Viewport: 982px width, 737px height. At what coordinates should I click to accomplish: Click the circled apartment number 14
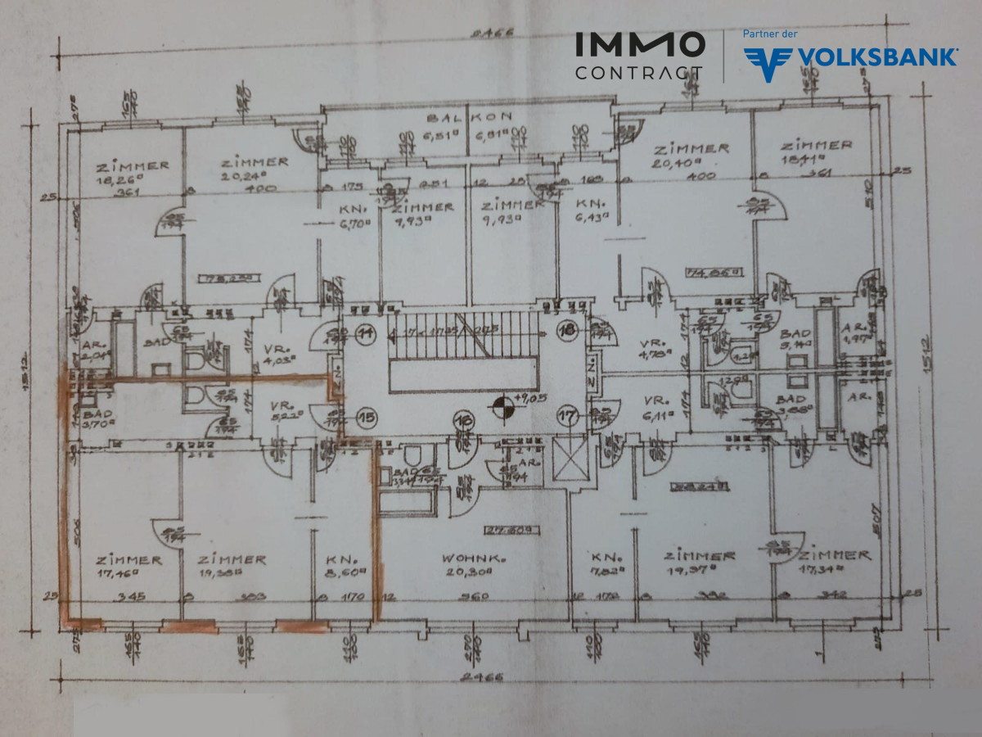pos(363,332)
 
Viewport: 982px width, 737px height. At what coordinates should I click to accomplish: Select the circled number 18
pos(566,331)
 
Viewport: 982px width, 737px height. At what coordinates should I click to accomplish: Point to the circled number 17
pos(566,417)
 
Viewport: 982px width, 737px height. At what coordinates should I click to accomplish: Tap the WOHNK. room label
pos(471,558)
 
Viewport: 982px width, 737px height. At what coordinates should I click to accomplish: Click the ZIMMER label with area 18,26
pos(132,165)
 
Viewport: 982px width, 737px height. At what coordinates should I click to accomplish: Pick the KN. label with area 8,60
pos(341,560)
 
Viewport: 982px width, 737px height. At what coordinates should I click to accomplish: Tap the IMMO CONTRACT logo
pos(639,56)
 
